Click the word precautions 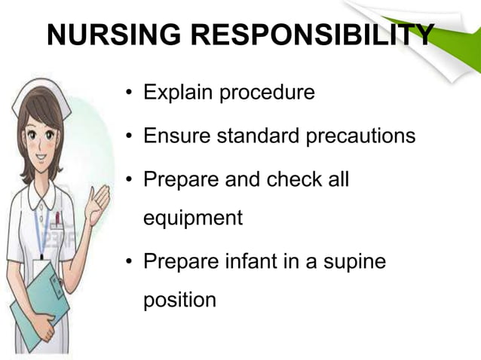coord(362,136)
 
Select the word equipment coord(193,219)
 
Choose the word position coord(179,301)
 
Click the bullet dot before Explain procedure coord(130,95)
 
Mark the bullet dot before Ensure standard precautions coord(130,138)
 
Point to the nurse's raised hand coord(99,200)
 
